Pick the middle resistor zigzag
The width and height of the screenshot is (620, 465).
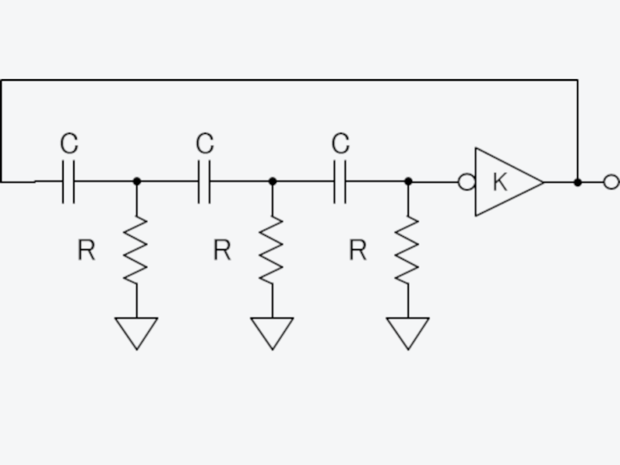[x=272, y=250]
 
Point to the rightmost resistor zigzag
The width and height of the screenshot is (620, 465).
[x=407, y=250]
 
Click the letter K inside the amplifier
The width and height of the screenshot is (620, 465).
[x=500, y=182]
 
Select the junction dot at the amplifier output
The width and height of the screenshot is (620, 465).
[x=578, y=182]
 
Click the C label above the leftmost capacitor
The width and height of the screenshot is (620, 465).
[x=69, y=143]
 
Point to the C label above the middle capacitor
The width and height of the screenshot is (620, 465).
[x=205, y=143]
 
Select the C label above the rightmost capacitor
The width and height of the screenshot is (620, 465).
[x=340, y=143]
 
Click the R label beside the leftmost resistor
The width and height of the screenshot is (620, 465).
[x=86, y=250]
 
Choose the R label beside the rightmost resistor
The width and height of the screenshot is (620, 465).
[x=358, y=250]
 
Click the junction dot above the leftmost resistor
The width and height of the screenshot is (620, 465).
[x=137, y=182]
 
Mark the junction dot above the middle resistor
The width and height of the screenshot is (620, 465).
[x=272, y=182]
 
